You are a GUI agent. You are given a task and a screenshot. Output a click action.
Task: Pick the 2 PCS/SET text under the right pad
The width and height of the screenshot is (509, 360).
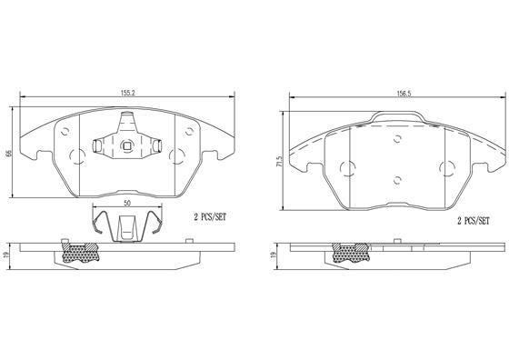pos(472,221)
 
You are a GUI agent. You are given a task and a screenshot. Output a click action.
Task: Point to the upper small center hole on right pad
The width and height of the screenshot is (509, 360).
pos(398,138)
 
